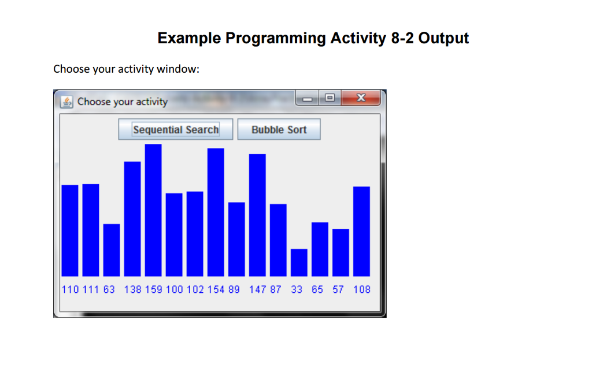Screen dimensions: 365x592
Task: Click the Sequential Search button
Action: point(176,129)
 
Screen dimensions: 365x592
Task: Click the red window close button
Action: point(361,99)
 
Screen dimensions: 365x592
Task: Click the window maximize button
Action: point(330,99)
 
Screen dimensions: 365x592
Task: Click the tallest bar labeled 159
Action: point(153,210)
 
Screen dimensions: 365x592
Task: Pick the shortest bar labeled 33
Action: point(299,262)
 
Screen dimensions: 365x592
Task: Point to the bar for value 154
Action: point(216,212)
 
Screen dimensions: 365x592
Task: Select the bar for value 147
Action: point(257,215)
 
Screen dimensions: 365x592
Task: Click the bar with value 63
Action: point(112,249)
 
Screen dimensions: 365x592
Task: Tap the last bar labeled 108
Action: point(361,231)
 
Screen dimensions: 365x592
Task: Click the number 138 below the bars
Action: point(132,289)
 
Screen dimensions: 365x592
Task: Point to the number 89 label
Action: point(234,289)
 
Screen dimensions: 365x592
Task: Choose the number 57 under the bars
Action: point(338,289)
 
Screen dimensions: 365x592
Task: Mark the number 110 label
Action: point(70,289)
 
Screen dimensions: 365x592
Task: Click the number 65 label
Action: point(317,289)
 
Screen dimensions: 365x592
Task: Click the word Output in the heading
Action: point(443,39)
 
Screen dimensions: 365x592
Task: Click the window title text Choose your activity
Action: point(123,102)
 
